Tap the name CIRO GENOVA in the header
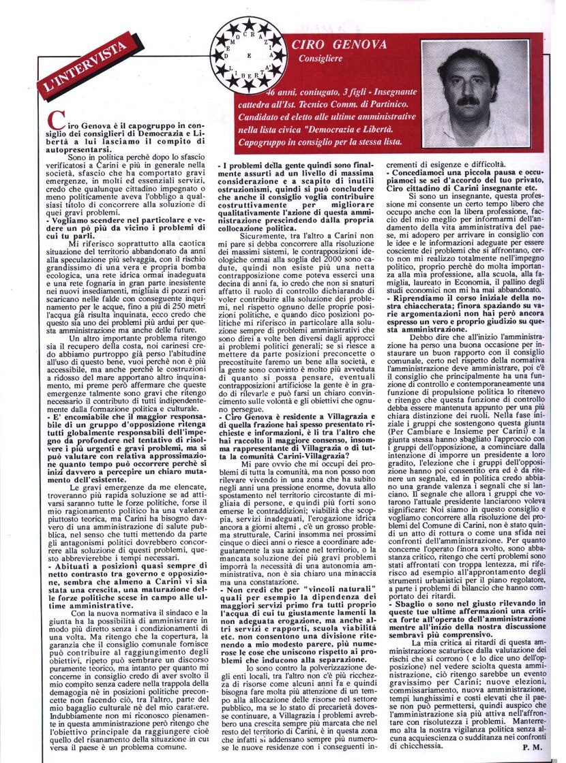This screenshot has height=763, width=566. [338, 45]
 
